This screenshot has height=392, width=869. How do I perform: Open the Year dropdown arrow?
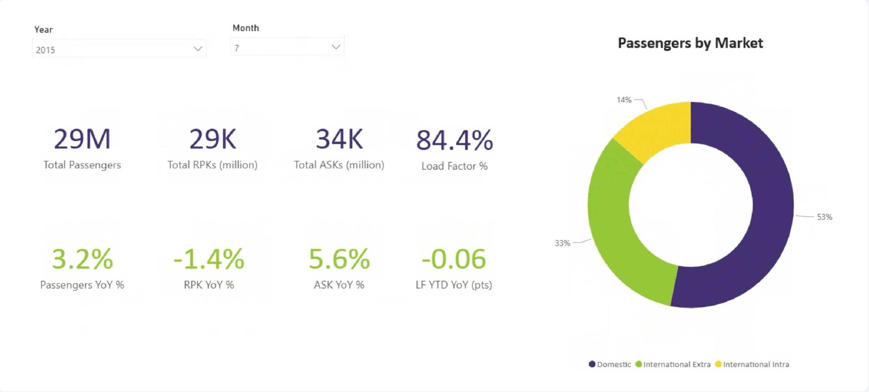198,49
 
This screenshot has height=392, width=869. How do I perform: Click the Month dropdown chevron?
336,47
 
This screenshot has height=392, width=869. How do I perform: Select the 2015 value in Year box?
45,50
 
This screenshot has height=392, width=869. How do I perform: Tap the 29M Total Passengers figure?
82,139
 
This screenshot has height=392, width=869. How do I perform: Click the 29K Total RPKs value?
212,139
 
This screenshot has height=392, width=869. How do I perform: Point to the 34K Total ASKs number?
339,139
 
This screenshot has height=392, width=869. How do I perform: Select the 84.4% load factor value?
455,140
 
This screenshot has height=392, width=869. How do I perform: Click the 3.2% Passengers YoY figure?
82,259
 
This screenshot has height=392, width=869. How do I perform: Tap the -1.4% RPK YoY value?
209,259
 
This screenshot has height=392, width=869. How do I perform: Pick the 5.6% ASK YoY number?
339,259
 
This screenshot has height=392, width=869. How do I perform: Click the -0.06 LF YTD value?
454,259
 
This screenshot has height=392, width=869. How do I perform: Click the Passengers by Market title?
690,43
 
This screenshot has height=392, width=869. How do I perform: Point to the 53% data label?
824,217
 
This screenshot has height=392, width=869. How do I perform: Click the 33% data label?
562,243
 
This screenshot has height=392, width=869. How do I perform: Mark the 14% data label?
624,100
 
